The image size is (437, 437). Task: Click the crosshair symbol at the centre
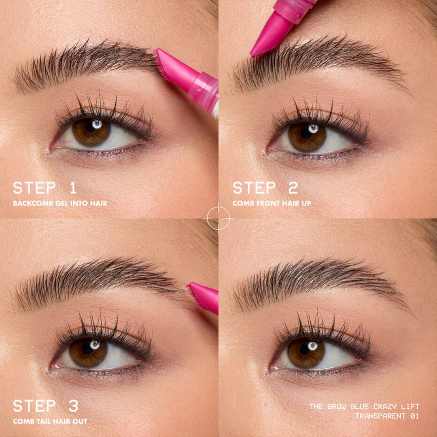click(218, 218)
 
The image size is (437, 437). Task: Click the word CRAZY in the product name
click(381, 407)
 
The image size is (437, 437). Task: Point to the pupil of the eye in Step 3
click(87, 349)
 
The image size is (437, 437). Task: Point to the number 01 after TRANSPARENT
click(413, 416)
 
